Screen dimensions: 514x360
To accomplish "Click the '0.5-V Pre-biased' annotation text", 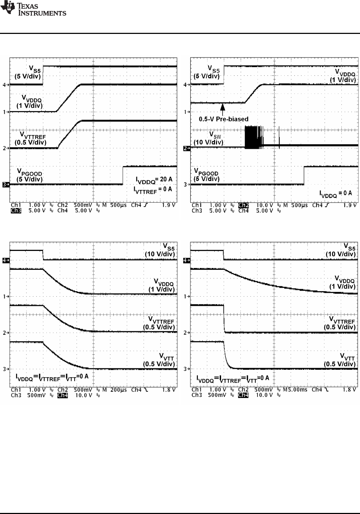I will [x=224, y=119].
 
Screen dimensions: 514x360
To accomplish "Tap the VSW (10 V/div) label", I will [x=208, y=138].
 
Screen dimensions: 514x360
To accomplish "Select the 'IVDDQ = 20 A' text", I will [x=154, y=179].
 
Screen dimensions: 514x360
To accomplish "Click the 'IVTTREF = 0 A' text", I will [x=153, y=190].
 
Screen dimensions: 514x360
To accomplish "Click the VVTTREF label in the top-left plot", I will [x=30, y=138].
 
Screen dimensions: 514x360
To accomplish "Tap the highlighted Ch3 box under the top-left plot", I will [x=16, y=211].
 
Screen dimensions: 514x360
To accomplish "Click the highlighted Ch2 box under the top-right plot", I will [x=244, y=205].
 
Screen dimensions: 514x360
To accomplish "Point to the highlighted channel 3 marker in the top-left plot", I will [x=5, y=185].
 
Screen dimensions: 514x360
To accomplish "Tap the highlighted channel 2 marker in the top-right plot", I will [x=186, y=148].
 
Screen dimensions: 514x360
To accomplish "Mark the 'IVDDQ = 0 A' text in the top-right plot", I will [x=336, y=193].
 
